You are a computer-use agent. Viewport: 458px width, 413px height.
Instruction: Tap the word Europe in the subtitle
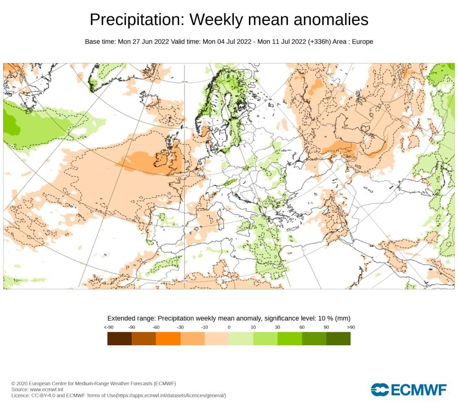coord(363,42)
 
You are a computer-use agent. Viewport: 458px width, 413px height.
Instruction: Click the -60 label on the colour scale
coord(156,327)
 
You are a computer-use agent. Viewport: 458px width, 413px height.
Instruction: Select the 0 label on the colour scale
coord(229,327)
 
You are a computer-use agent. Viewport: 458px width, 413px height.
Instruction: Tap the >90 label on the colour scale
coord(350,327)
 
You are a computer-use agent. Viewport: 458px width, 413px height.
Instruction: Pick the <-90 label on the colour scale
coord(108,327)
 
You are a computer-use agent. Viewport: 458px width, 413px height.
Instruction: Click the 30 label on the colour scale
coord(278,327)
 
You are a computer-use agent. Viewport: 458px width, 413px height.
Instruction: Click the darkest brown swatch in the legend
coord(120,339)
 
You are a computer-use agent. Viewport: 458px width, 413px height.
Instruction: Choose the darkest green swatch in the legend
coord(338,339)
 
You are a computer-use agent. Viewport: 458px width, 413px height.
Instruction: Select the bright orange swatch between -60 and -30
coord(168,339)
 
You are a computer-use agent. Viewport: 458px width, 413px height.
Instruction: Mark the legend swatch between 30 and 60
coord(290,339)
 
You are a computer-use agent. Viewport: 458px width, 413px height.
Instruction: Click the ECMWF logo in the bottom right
coord(408,390)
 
